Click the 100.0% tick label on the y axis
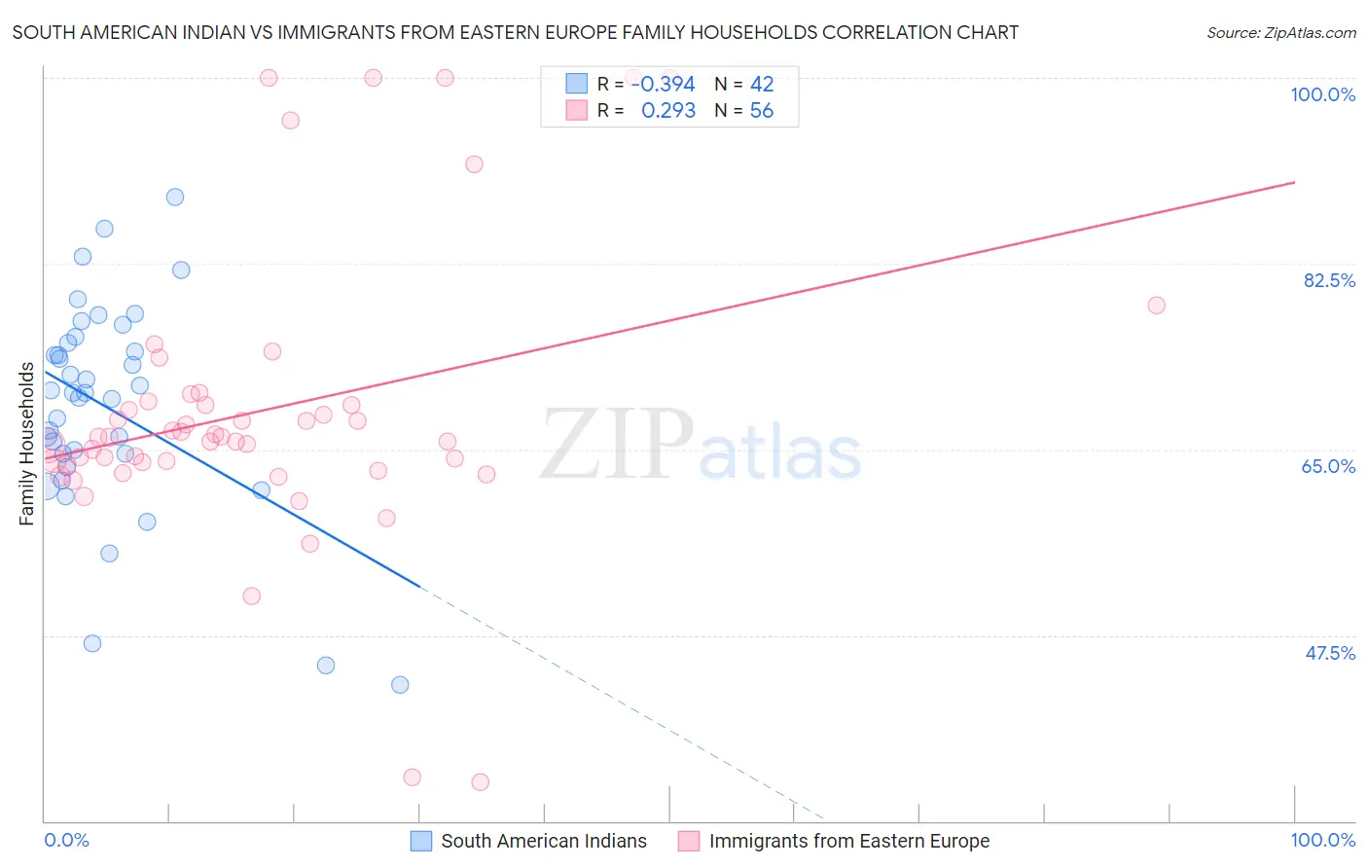1322,94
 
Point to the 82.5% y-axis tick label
1329,280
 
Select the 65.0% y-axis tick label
1328,466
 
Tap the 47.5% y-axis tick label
1330,653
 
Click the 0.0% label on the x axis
66,840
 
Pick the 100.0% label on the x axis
1322,840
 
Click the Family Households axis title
26,444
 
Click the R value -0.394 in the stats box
663,85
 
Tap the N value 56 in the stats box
761,111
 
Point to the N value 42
761,85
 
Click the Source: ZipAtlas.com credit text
1280,32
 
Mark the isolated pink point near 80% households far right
1156,306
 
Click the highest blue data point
175,197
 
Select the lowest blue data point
400,685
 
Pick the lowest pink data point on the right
480,782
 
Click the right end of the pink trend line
1294,182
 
